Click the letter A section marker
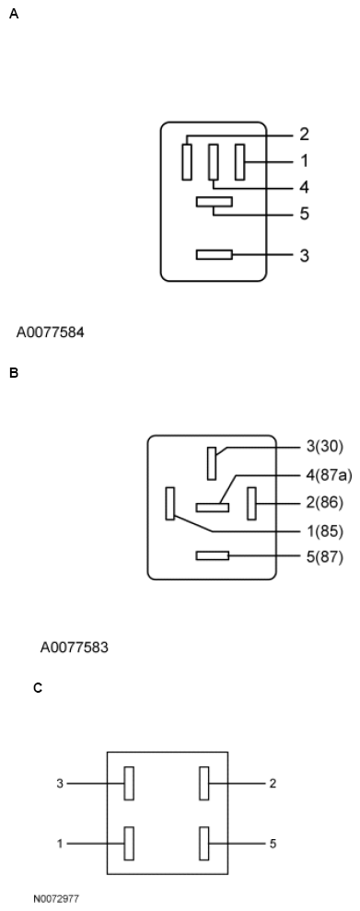point(13,16)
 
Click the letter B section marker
point(13,373)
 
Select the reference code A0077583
point(75,648)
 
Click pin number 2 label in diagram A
point(304,134)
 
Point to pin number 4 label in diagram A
point(304,187)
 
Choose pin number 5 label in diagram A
point(304,215)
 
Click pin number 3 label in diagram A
point(304,255)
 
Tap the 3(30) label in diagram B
point(323,448)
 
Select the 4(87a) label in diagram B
point(328,475)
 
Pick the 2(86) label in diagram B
point(323,504)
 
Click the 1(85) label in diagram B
point(323,531)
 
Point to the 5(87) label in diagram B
point(323,556)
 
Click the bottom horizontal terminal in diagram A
point(214,254)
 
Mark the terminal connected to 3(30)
point(212,462)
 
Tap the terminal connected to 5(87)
point(213,555)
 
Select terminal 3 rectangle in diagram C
point(130,783)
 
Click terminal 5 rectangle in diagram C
point(204,843)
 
